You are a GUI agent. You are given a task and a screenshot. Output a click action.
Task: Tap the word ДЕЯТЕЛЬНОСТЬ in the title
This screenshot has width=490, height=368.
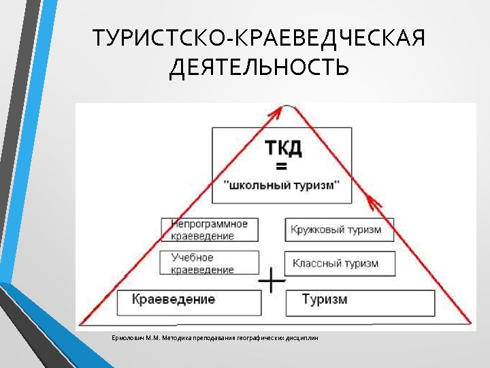(x=259, y=67)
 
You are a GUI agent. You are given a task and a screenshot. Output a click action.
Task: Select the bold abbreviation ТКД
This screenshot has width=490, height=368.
(x=282, y=148)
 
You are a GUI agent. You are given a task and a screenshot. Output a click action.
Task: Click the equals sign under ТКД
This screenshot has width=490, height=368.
(x=281, y=166)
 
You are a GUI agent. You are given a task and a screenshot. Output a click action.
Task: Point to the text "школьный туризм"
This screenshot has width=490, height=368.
(x=282, y=185)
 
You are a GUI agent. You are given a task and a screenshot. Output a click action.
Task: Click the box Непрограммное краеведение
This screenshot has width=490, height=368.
(x=210, y=230)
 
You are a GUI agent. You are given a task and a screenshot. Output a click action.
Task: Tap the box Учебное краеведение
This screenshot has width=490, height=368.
(x=210, y=262)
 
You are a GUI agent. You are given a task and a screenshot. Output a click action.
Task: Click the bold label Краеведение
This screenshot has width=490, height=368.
(x=174, y=299)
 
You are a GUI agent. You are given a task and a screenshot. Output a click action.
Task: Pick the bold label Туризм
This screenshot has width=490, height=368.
(x=324, y=299)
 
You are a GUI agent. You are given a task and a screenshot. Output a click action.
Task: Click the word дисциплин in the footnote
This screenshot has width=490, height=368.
(x=301, y=338)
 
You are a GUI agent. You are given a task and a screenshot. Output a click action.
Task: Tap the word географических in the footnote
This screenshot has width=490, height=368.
(x=260, y=338)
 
